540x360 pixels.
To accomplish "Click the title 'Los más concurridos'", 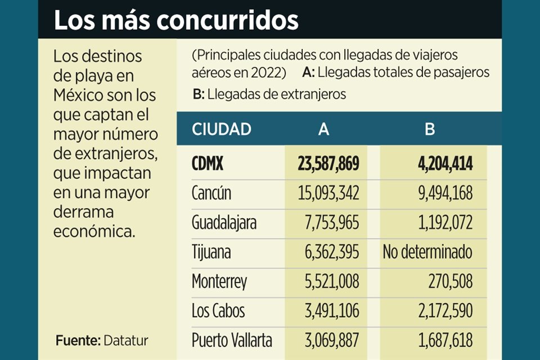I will tap(175, 20).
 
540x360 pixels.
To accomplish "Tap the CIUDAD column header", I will tap(221, 129).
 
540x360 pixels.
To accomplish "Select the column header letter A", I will tap(323, 130).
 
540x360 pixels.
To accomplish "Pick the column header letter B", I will tap(430, 130).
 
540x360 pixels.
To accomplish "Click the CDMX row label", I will tap(208, 164).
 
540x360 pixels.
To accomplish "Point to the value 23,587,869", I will tap(328, 164).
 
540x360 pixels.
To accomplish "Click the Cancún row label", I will tap(211, 193).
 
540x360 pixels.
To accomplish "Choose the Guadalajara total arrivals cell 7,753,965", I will tap(330, 223).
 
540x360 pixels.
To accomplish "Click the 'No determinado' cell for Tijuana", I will tap(427, 252).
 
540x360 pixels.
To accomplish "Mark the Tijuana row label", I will tap(211, 252).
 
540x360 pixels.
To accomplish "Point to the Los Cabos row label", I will tap(218, 310).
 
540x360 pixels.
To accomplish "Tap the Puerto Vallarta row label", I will tap(232, 340).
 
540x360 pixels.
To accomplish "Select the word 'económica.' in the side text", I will tap(94, 232).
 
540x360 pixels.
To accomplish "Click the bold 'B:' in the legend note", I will tap(199, 94).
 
